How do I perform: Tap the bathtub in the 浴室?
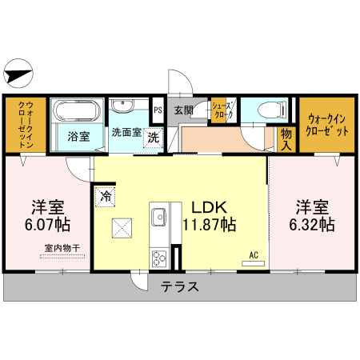click(x=77, y=110)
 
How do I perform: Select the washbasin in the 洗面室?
click(x=122, y=106)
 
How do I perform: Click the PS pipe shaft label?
click(x=158, y=110)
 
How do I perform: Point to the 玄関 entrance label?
click(x=183, y=110)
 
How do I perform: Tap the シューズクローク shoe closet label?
click(x=222, y=110)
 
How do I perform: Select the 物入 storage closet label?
click(x=286, y=139)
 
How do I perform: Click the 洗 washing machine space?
click(x=154, y=138)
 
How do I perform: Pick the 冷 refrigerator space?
click(x=106, y=197)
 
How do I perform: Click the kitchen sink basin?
click(x=158, y=217)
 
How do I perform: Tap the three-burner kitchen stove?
click(x=159, y=258)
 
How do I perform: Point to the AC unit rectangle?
click(x=253, y=264)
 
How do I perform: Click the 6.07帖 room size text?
click(x=47, y=225)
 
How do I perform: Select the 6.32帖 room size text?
click(x=312, y=225)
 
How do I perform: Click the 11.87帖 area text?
click(x=210, y=225)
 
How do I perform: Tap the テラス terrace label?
click(x=180, y=287)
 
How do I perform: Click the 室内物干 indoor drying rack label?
click(x=62, y=248)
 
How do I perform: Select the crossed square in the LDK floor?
click(x=122, y=228)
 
